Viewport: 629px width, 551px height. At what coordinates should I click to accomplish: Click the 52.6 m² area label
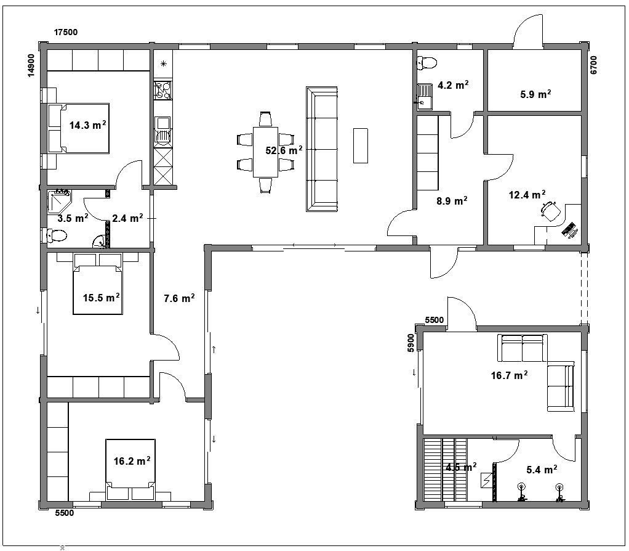coord(284,150)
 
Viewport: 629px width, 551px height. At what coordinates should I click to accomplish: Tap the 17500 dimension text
coord(66,33)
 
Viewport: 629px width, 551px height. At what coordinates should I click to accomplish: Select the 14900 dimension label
coord(31,65)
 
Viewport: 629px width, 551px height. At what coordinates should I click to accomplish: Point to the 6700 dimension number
coord(594,65)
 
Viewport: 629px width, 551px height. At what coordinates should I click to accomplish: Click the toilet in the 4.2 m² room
coord(427,63)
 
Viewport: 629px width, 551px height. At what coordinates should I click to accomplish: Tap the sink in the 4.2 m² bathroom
coord(423,96)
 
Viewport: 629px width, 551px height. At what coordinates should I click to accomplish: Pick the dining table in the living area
coord(265,152)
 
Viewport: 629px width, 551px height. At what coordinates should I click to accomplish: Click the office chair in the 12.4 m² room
coord(550,210)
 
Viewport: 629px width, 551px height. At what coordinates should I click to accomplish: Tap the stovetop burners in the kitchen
coord(163,90)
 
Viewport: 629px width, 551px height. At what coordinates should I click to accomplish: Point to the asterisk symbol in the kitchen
coord(163,63)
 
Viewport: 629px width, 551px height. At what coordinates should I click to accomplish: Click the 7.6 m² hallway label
coord(179,298)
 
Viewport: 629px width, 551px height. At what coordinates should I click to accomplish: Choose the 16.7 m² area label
coord(509,375)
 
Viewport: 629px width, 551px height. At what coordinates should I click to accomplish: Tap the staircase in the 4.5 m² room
coord(446,469)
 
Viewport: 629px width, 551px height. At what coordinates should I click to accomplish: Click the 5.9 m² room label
coord(535,94)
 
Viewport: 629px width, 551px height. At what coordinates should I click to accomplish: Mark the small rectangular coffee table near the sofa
coord(360,145)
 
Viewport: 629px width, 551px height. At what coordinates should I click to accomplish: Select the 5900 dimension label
coord(411,343)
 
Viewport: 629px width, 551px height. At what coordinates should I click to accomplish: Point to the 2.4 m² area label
coord(127,218)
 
